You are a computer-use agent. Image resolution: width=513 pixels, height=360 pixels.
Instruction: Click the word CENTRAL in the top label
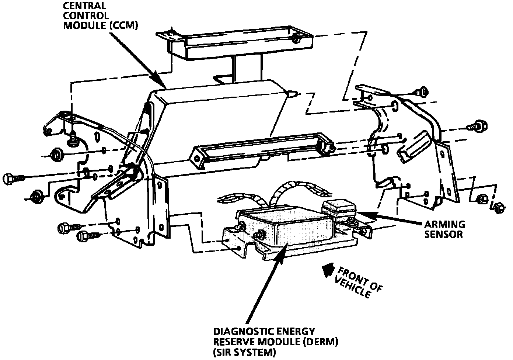80,6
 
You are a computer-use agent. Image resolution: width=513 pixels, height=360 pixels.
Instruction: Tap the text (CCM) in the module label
123,25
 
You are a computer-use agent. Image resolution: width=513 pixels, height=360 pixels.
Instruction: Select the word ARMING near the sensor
444,225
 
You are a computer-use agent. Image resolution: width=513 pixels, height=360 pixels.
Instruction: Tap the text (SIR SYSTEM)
244,352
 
